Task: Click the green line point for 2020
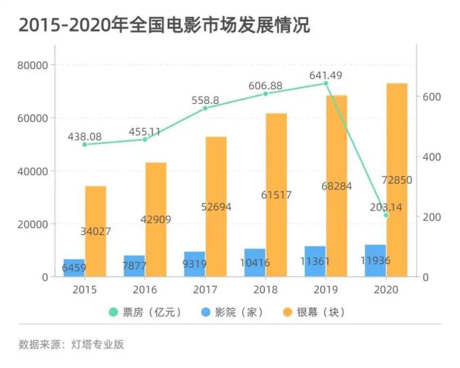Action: (386, 215)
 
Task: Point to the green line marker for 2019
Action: (325, 84)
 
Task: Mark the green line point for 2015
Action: (85, 145)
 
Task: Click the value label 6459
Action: (74, 268)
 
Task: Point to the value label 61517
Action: (276, 196)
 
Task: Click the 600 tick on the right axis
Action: (432, 97)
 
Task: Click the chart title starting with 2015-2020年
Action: (164, 26)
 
